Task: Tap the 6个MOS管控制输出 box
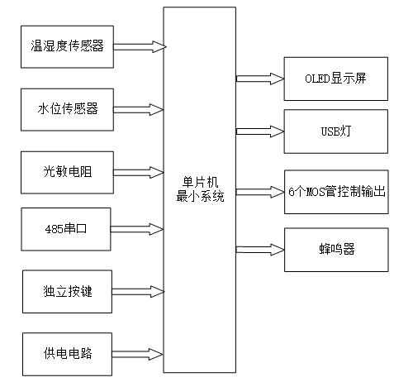(335, 193)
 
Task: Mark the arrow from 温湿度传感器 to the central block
(139, 46)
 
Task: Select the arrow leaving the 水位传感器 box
(139, 108)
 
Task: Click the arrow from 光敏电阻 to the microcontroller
(139, 172)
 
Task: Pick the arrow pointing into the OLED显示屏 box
(259, 79)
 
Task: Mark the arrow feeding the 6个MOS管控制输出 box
(259, 193)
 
